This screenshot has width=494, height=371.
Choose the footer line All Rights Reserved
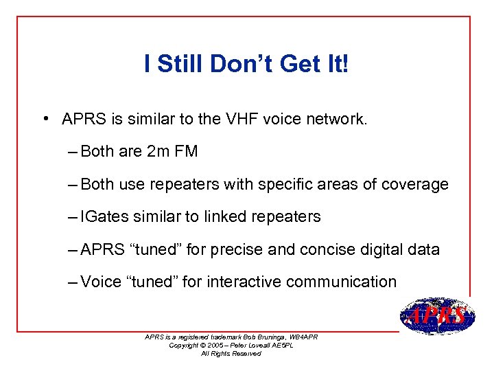coord(231,353)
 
